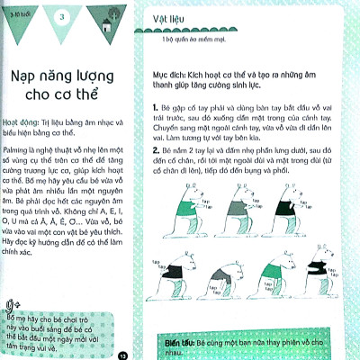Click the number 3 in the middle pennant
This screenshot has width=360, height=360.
point(62,18)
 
